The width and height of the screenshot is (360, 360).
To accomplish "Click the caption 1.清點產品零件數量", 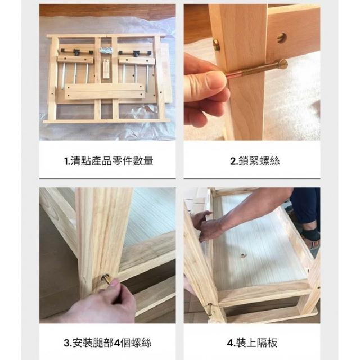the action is point(109,161).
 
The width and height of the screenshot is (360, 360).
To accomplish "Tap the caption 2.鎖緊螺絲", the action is point(255,161).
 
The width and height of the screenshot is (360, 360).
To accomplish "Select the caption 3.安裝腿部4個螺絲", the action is point(107,343).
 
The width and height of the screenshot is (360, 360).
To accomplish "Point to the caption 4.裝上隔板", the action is point(252,343).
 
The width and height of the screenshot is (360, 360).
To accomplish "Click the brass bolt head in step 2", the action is point(282,64).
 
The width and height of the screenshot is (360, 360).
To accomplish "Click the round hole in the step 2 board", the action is point(282,38).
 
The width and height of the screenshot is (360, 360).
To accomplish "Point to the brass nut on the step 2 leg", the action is point(216,45).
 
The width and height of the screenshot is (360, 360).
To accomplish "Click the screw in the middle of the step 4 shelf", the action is point(242,255).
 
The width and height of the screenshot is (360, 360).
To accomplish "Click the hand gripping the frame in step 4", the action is point(208,226).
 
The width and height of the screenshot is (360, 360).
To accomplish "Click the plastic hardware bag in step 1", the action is point(105,50).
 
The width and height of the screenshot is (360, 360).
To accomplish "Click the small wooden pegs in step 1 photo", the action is point(106,69).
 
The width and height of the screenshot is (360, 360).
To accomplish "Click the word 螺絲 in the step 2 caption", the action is point(270,161).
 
